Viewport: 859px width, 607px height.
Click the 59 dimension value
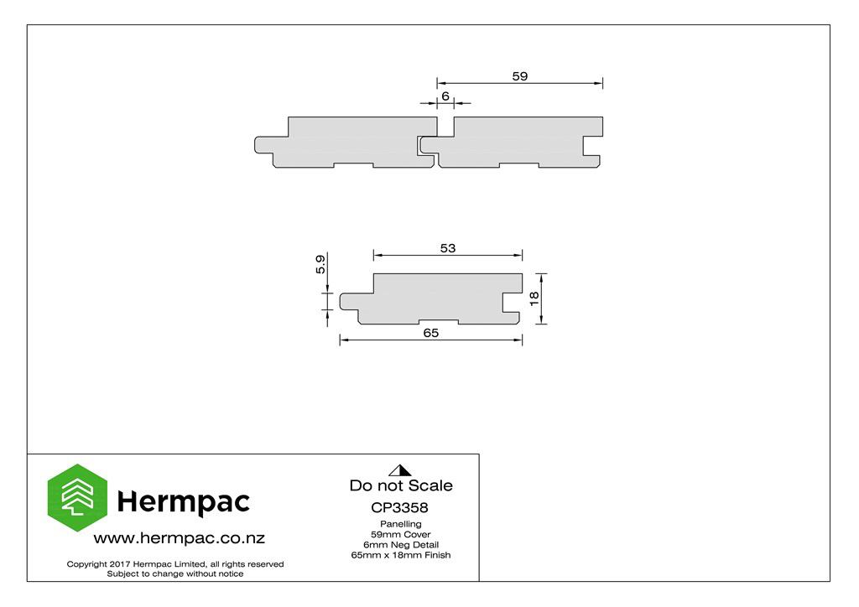coord(520,76)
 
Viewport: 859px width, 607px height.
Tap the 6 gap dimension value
coord(445,96)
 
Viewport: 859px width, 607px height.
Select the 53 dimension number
coord(448,248)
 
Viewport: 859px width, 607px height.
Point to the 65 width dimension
coord(430,333)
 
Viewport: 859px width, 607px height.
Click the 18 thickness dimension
coord(534,298)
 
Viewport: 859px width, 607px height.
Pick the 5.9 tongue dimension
coord(320,264)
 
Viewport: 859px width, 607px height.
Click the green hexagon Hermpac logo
coord(77,497)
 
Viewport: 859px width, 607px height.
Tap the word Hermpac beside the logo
coord(184,502)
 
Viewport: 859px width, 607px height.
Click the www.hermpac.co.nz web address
coord(180,538)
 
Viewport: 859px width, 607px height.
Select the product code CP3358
coord(399,507)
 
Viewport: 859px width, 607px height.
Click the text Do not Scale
coord(401,485)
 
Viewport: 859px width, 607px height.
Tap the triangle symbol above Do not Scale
coord(400,470)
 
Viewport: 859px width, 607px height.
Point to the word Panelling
coord(400,524)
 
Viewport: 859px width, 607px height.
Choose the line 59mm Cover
coord(400,534)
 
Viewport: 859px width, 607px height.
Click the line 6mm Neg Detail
coord(400,545)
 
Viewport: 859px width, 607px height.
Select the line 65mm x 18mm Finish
coord(400,555)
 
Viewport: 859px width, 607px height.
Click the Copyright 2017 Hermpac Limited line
coord(175,564)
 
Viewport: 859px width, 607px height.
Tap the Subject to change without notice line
coord(175,574)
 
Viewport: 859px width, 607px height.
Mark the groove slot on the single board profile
coord(512,302)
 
